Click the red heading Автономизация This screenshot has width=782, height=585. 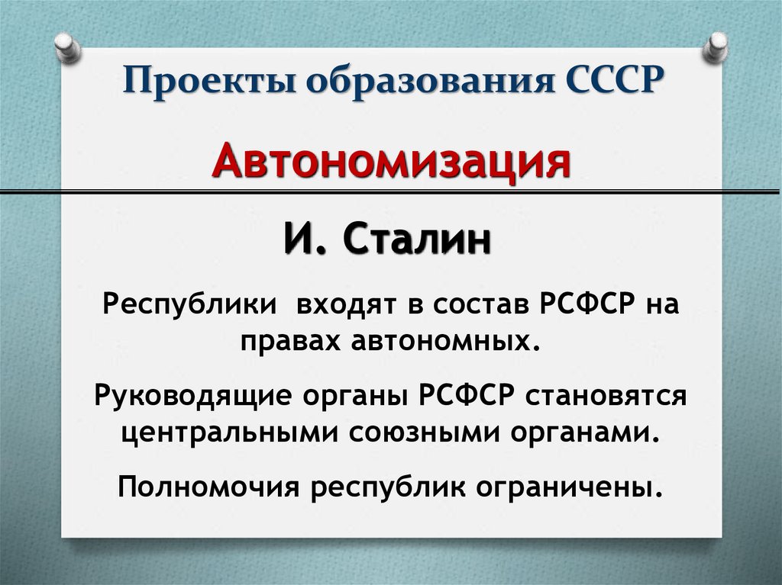click(392, 163)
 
